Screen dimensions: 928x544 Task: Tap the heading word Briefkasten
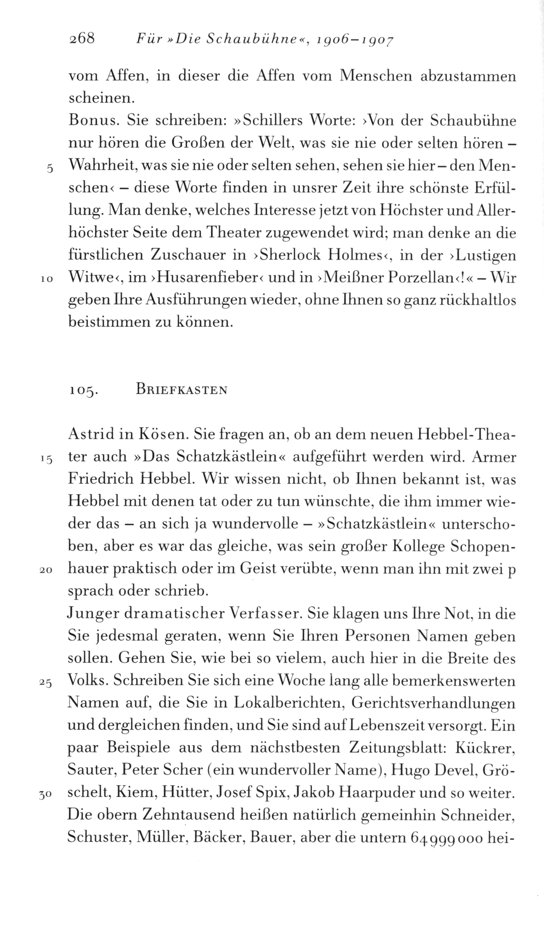[181, 389]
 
